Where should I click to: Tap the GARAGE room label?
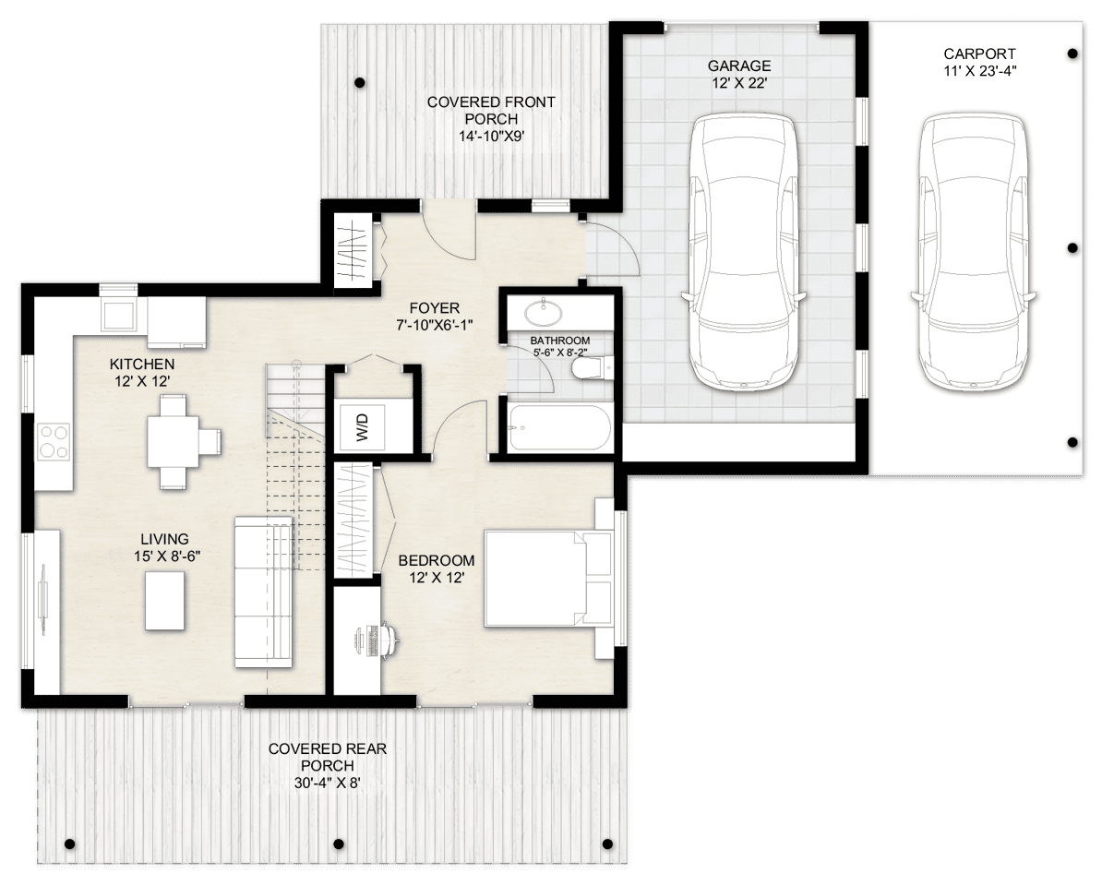pyautogui.click(x=738, y=66)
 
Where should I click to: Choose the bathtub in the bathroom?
pyautogui.click(x=557, y=427)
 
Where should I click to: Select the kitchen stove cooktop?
pyautogui.click(x=53, y=440)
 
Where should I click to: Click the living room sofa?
pyautogui.click(x=263, y=591)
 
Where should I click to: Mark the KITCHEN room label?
pyautogui.click(x=141, y=364)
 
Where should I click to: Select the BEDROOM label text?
pyautogui.click(x=436, y=560)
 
